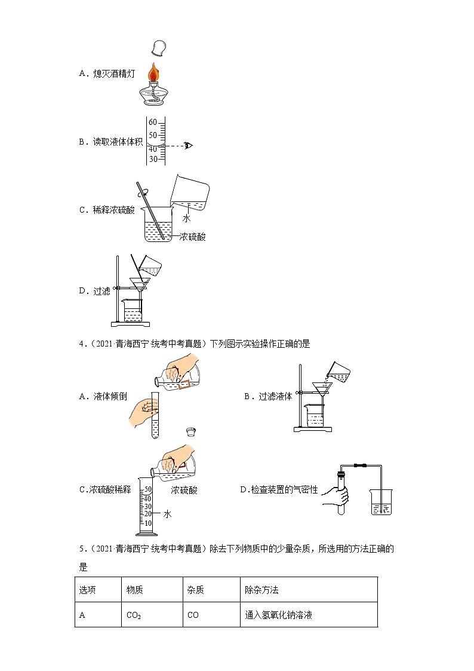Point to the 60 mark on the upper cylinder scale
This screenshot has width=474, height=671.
point(153,122)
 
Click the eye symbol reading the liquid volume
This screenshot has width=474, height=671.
point(189,145)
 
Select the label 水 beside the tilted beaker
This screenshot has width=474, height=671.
point(186,219)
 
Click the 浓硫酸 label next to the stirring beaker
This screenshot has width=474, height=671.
point(192,237)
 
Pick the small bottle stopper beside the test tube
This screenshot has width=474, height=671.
point(191,431)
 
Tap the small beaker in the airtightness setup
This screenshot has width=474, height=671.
point(381,502)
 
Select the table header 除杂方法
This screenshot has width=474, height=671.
point(261,590)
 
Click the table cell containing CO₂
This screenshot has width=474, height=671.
point(134,615)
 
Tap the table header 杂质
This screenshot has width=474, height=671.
point(195,590)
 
